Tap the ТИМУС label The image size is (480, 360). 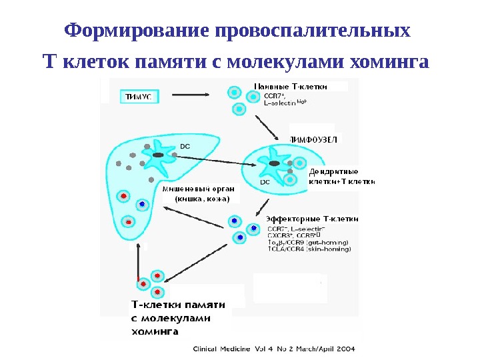(138, 96)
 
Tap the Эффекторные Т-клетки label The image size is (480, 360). (312, 218)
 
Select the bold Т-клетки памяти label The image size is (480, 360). (177, 305)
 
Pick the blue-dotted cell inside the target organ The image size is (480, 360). (142, 203)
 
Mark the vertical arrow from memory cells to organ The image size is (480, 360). (138, 260)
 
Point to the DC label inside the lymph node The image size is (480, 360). (265, 181)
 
